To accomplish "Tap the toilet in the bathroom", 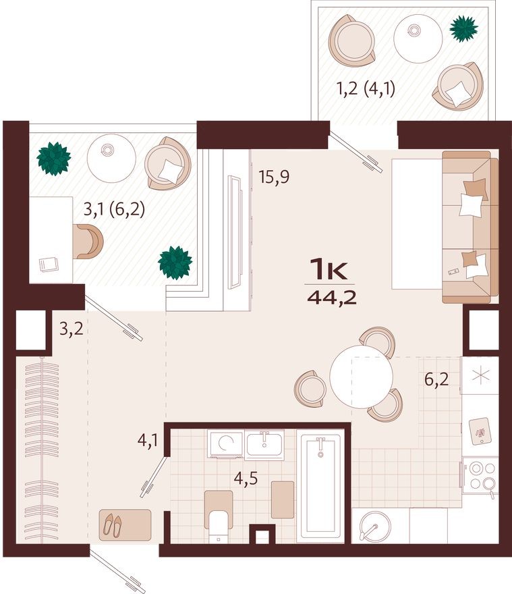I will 218,525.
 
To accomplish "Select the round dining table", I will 361,376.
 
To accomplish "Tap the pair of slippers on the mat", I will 113,524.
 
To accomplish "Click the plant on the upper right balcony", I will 464,28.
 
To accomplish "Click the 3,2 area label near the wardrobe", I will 71,331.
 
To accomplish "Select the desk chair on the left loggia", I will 89,241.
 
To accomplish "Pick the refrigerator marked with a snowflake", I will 481,375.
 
